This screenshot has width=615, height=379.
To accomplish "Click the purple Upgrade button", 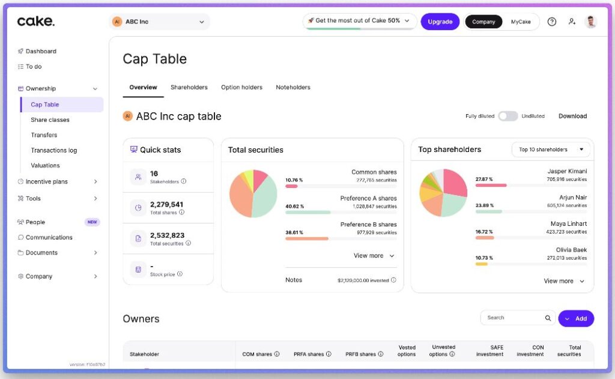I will (440, 22).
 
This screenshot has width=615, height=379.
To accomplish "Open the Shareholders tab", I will (189, 88).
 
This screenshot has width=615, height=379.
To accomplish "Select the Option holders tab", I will (241, 88).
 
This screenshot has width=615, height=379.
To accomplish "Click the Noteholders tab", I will (293, 88).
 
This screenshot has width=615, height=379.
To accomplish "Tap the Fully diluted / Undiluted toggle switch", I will (507, 116).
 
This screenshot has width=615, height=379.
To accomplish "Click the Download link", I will (572, 116).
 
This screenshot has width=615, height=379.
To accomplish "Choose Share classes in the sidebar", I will (50, 120).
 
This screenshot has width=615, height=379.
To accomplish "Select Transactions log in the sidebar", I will (54, 150).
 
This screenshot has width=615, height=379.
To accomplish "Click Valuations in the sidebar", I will (45, 165).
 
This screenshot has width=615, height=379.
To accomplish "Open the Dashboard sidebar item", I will (41, 52).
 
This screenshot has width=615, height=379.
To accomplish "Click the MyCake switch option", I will (521, 22).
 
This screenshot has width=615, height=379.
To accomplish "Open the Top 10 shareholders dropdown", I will (551, 150).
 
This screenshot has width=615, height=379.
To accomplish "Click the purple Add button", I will (576, 318).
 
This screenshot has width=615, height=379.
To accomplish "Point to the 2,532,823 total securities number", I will (167, 235).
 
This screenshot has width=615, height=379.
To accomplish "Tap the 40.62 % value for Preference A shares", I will (294, 206).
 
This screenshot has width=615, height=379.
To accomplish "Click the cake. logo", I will (36, 22).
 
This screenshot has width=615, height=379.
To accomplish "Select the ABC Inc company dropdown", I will (159, 22).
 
